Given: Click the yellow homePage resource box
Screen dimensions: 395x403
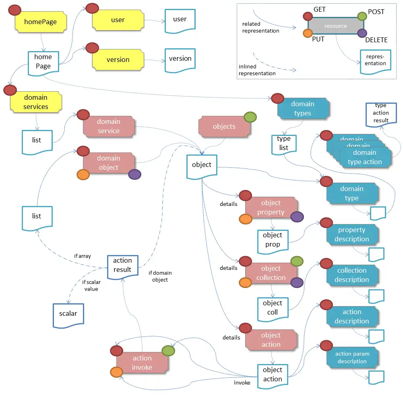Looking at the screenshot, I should (x=41, y=22).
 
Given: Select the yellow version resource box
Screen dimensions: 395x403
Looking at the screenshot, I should (x=118, y=60).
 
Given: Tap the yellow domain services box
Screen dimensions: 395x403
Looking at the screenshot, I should (x=36, y=102).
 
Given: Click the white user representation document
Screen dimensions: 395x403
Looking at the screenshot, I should (x=180, y=20).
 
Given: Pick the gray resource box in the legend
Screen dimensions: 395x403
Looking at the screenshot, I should (x=336, y=26).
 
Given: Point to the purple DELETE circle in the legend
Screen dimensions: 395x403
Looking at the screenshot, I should (x=362, y=33).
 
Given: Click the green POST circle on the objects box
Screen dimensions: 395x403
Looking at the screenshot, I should (x=250, y=117).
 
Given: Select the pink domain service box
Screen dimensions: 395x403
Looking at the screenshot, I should (x=108, y=126).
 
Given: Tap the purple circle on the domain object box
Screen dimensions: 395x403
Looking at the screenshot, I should (x=134, y=174).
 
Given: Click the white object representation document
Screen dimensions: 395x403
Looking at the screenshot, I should (x=202, y=166).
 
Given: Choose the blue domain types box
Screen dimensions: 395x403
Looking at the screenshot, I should (x=303, y=109).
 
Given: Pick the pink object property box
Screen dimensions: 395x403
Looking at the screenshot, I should (x=271, y=208).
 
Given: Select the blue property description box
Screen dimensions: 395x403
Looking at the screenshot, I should (x=352, y=235).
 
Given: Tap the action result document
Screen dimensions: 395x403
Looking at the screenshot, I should (x=122, y=266).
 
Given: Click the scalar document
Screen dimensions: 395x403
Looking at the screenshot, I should (x=68, y=315).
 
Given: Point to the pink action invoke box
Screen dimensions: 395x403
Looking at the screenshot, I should (x=142, y=362).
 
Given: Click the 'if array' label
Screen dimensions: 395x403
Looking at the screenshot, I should (x=83, y=256).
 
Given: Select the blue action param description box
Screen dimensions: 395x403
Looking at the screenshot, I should (x=352, y=358).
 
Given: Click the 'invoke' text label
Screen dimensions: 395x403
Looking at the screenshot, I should (x=242, y=383).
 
